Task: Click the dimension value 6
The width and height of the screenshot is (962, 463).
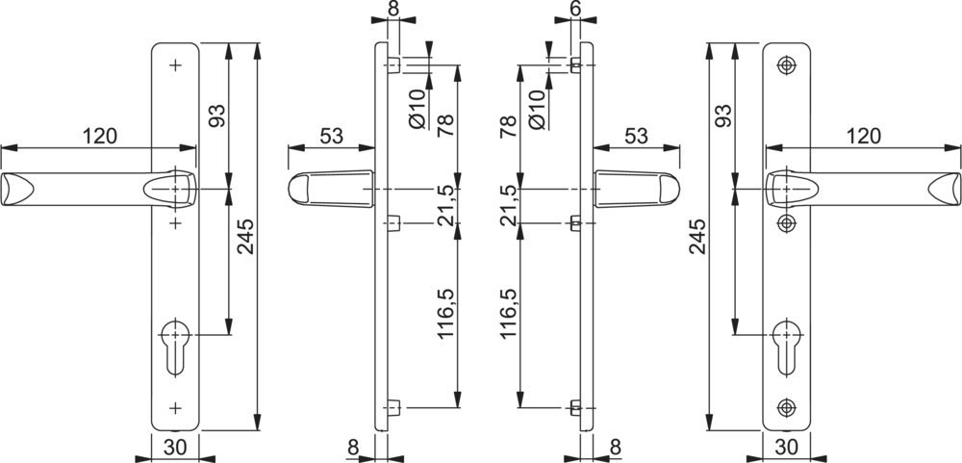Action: tap(575, 9)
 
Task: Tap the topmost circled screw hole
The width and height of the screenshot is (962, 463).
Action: tap(786, 65)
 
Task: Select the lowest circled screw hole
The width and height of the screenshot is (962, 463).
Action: tap(786, 407)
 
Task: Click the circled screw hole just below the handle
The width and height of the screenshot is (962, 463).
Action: tap(786, 223)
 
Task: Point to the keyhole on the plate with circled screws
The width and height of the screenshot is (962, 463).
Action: tap(786, 347)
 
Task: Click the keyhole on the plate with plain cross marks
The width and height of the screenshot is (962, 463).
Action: tap(175, 347)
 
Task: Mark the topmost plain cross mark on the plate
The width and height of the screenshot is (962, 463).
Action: tap(175, 65)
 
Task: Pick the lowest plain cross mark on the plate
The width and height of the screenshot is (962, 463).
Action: tap(175, 407)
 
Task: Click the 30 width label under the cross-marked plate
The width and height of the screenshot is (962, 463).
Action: tap(175, 447)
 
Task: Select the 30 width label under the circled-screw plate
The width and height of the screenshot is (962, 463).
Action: tap(787, 447)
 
